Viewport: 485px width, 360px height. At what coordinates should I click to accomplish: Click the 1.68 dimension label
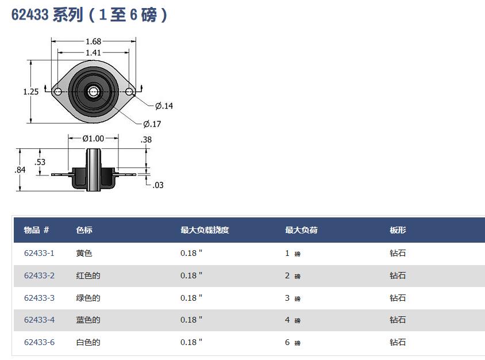(94, 41)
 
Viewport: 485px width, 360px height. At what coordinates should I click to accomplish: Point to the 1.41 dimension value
(94, 53)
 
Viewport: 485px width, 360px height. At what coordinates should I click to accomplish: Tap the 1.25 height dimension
(31, 91)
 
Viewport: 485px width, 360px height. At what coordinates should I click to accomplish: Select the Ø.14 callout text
(164, 106)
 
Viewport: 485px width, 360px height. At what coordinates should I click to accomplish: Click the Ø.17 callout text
(152, 124)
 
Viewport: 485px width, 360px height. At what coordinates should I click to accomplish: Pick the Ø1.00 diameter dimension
(93, 139)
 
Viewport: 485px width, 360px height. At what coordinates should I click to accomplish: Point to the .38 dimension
(147, 140)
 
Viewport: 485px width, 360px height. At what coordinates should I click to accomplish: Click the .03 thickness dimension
(158, 185)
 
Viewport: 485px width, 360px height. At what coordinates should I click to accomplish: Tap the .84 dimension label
(20, 170)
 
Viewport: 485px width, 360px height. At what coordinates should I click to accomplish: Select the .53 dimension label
(40, 162)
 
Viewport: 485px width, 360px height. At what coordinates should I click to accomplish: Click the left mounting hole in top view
(58, 91)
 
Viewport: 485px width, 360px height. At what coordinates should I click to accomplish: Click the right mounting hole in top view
(129, 91)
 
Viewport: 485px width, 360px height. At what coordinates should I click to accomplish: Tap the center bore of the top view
(94, 91)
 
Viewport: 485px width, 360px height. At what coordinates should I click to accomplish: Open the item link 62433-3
(39, 298)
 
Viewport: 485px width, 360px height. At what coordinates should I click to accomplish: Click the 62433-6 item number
(39, 342)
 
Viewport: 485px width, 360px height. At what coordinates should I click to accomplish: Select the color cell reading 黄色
(84, 253)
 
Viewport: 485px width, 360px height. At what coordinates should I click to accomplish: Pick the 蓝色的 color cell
(88, 320)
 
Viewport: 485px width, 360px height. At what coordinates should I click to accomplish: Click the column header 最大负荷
(301, 230)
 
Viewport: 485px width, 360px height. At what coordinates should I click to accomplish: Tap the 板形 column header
(398, 230)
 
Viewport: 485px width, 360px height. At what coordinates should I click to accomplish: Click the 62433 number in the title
(30, 14)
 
